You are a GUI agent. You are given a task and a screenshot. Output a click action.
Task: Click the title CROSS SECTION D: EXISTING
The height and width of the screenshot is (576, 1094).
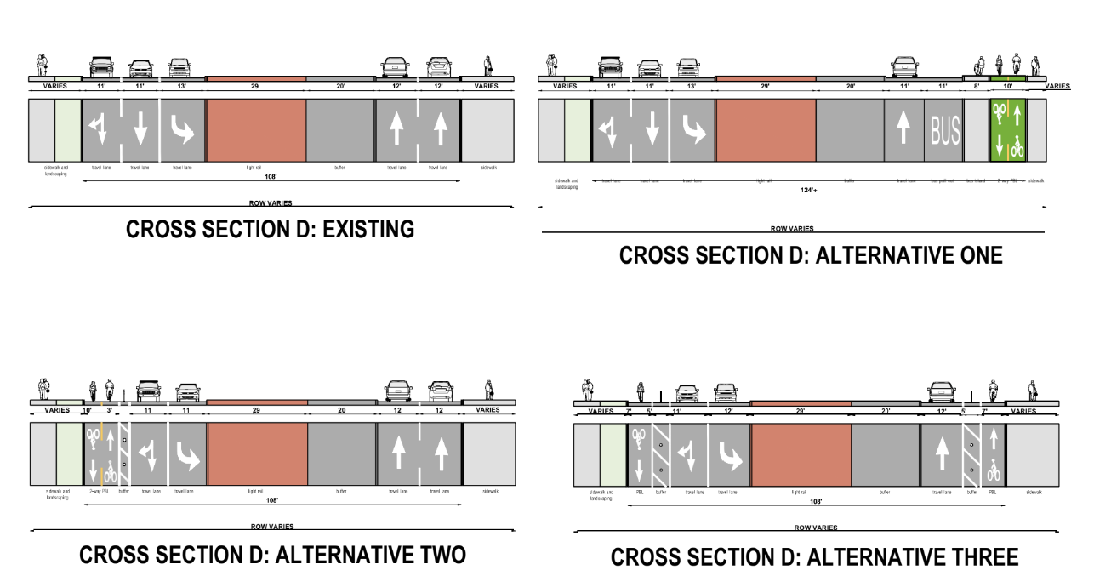pyautogui.click(x=270, y=230)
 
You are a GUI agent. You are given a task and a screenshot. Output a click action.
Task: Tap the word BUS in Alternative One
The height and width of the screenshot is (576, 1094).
pyautogui.click(x=944, y=131)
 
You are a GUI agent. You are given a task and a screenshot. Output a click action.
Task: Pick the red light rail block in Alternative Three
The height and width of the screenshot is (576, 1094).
pyautogui.click(x=800, y=459)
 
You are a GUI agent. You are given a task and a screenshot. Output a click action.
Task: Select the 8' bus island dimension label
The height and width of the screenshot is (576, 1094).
pyautogui.click(x=976, y=87)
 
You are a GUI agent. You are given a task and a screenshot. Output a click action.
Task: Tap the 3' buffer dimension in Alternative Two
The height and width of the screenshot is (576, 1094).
pyautogui.click(x=109, y=410)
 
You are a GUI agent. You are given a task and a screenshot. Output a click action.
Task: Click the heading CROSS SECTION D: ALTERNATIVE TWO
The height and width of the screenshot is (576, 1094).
pyautogui.click(x=272, y=556)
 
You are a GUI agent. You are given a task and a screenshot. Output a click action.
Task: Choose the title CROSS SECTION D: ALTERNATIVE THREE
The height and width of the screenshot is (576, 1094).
pyautogui.click(x=814, y=558)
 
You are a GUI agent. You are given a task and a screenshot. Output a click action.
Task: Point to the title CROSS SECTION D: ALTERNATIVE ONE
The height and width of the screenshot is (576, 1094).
pyautogui.click(x=811, y=255)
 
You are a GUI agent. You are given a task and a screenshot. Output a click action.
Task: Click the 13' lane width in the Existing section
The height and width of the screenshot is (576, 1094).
pyautogui.click(x=180, y=86)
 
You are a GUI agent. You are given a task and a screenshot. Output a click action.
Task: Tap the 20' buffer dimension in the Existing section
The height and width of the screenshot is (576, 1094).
pyautogui.click(x=340, y=86)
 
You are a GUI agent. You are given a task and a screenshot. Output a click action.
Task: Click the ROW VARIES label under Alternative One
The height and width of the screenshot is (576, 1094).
pyautogui.click(x=792, y=228)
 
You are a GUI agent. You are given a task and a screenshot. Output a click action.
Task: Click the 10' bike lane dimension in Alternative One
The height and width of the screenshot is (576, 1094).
pyautogui.click(x=1008, y=87)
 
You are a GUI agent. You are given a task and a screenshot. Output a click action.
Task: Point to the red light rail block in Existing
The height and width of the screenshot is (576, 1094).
pyautogui.click(x=256, y=129)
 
